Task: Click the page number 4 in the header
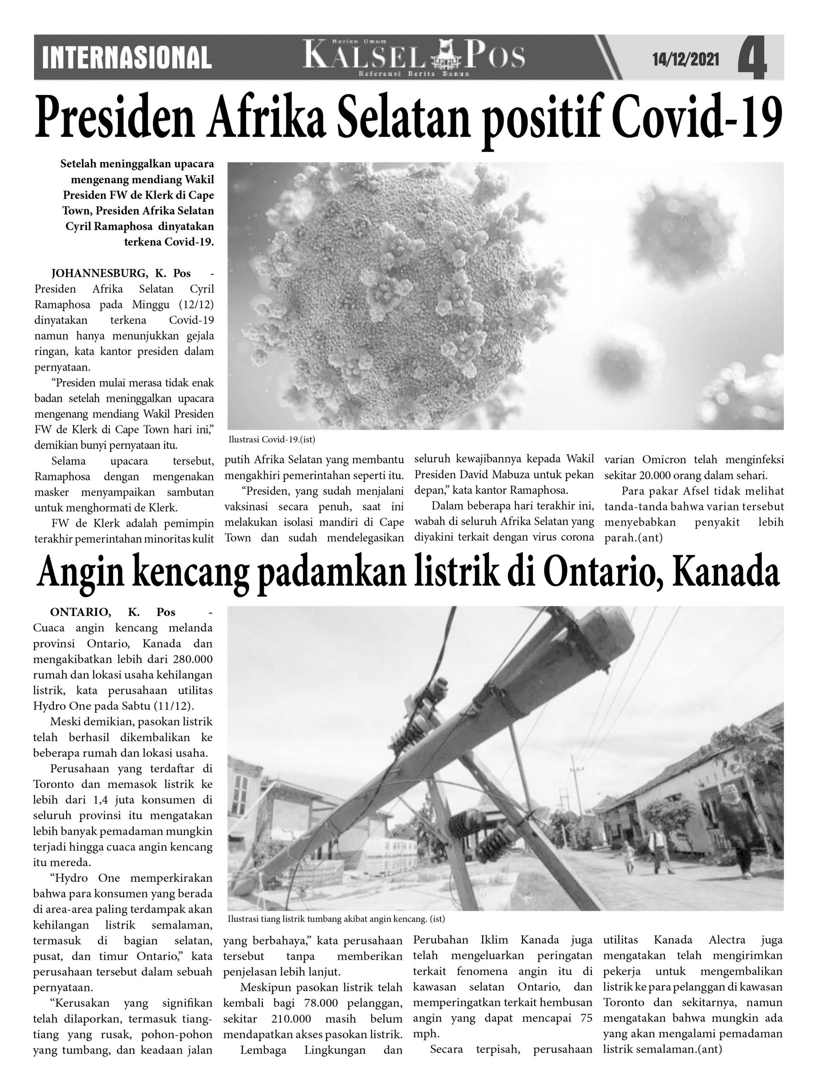tap(752, 59)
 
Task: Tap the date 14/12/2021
tap(685, 60)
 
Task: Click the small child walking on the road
tap(628, 857)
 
